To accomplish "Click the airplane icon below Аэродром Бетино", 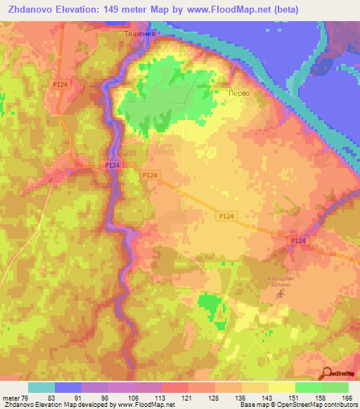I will tap(281, 293).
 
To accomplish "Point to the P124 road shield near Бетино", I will tap(298, 241).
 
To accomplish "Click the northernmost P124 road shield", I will tap(60, 84).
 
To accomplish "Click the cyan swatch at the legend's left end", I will tap(41, 387).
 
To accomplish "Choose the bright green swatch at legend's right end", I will tap(335, 387).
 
